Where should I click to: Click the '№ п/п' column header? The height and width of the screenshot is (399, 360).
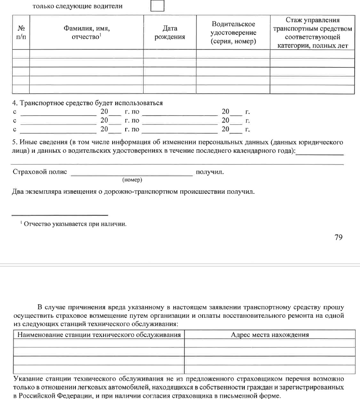pos(21,33)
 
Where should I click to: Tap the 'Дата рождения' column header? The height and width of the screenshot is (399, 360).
pos(170,33)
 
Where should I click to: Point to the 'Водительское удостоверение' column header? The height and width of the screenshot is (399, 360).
pos(233,33)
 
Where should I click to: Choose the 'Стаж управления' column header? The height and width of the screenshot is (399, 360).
pos(312,33)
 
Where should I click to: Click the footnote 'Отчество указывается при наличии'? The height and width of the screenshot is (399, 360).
pos(75,224)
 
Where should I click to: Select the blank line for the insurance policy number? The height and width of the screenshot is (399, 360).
pos(131,174)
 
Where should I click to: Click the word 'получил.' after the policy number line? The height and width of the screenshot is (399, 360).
pos(210,172)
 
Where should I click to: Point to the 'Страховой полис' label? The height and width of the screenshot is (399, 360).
pos(40,172)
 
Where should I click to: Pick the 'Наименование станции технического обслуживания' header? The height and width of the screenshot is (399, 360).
pos(99,335)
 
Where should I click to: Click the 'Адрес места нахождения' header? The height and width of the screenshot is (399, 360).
pos(270,335)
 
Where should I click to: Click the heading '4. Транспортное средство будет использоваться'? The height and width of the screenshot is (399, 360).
pos(88,103)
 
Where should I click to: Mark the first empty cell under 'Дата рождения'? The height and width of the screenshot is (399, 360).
pos(170,54)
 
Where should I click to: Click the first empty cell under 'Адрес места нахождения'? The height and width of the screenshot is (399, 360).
pos(270,343)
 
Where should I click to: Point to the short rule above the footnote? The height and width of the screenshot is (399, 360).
pos(59,215)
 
